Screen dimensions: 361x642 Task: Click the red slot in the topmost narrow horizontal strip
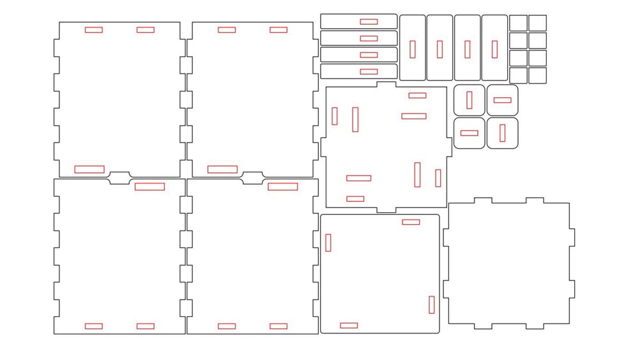pyautogui.click(x=369, y=22)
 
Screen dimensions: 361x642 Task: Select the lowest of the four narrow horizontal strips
pyautogui.click(x=345, y=72)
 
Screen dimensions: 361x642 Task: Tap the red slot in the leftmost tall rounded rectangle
pyautogui.click(x=413, y=49)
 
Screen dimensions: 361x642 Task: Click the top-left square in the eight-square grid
pyautogui.click(x=518, y=23)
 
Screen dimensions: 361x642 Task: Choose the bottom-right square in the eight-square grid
pyautogui.click(x=537, y=75)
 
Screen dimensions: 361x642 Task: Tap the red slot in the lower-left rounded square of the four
pyautogui.click(x=469, y=133)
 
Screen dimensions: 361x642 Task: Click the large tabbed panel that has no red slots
pyautogui.click(x=508, y=263)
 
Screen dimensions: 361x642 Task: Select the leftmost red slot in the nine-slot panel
pyautogui.click(x=335, y=116)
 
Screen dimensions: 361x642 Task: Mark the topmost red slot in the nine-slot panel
pyautogui.click(x=417, y=95)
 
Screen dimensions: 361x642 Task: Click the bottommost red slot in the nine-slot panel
pyautogui.click(x=355, y=199)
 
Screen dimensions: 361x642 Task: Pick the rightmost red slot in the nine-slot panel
pyautogui.click(x=438, y=178)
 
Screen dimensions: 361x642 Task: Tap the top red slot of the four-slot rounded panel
pyautogui.click(x=411, y=222)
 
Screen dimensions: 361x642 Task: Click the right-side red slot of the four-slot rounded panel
pyautogui.click(x=432, y=305)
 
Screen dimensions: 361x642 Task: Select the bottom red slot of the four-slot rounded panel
pyautogui.click(x=349, y=325)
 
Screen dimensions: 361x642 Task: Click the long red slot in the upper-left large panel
pyautogui.click(x=89, y=169)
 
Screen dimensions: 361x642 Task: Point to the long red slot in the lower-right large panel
pyautogui.click(x=282, y=187)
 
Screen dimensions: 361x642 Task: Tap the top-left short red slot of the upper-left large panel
pyautogui.click(x=93, y=29)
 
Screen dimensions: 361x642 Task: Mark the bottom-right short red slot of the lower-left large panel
pyautogui.click(x=145, y=326)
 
